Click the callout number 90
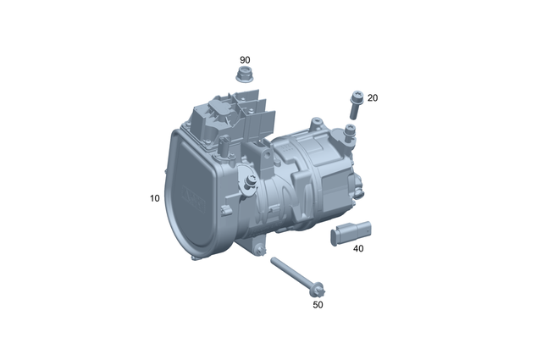[245, 60]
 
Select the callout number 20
[373, 98]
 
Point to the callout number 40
[358, 249]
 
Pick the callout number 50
[318, 304]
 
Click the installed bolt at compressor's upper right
[349, 130]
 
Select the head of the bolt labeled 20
[356, 97]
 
